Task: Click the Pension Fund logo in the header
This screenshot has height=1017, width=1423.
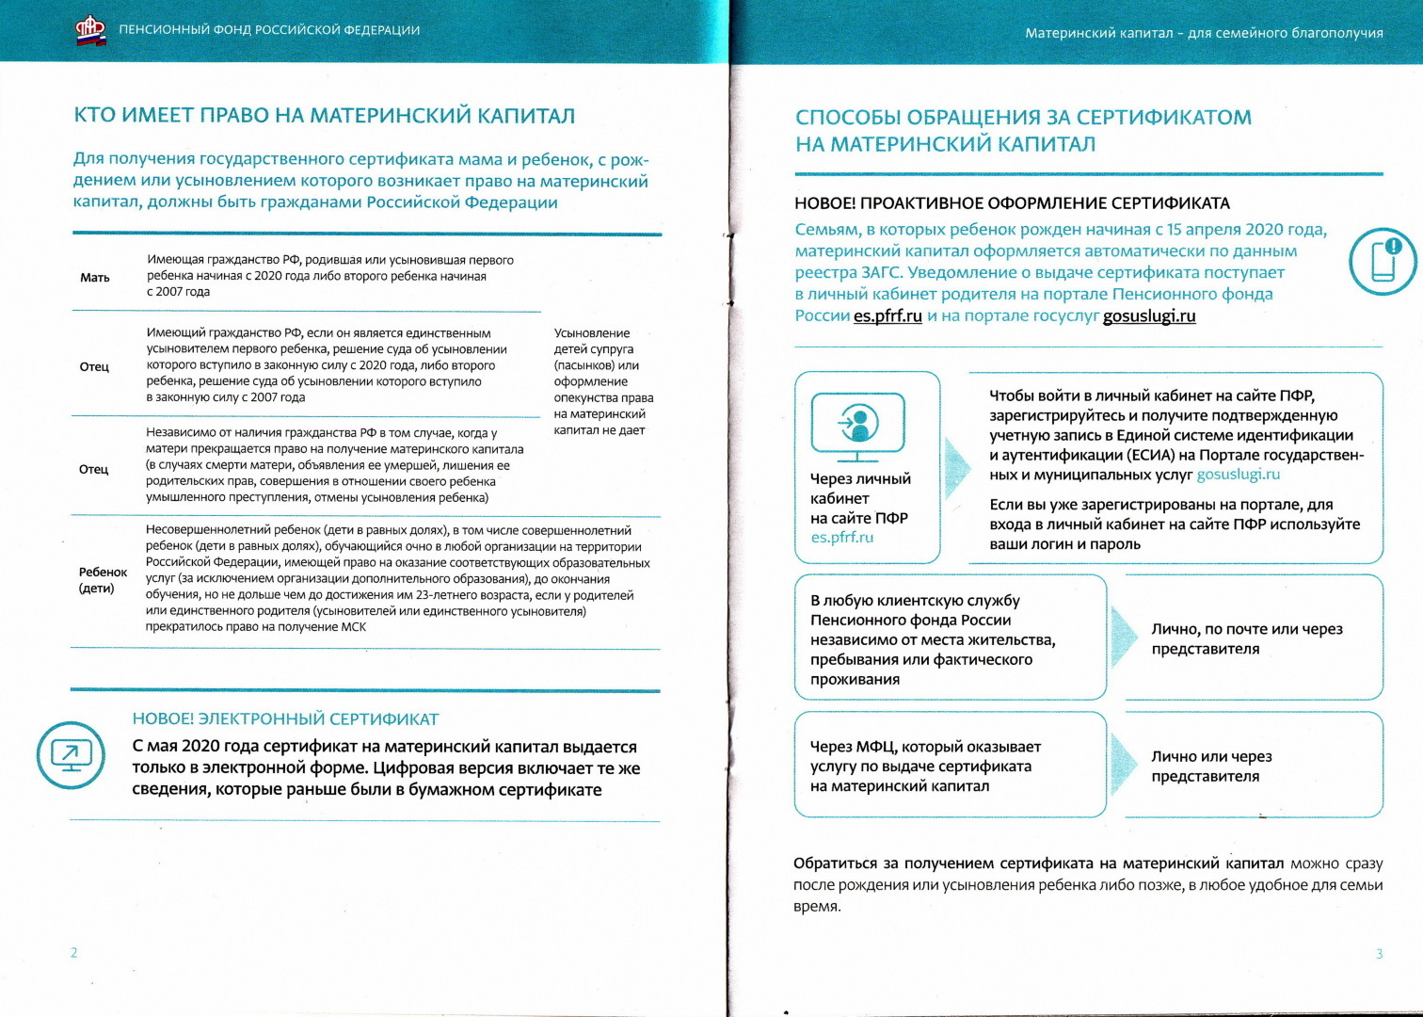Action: click(90, 30)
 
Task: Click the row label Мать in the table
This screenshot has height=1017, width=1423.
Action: click(95, 278)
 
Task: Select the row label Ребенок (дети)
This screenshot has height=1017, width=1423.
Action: click(103, 580)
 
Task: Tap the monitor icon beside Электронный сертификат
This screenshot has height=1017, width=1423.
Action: click(71, 755)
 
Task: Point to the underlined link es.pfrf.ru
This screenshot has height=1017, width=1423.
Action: click(887, 316)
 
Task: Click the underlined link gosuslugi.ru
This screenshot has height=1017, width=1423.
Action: click(1148, 316)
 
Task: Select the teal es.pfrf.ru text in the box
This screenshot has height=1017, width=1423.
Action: click(841, 538)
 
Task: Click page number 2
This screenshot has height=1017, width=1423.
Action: click(74, 953)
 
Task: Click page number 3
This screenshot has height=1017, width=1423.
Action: click(1379, 954)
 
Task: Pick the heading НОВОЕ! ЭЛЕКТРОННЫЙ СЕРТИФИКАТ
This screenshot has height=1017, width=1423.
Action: click(285, 719)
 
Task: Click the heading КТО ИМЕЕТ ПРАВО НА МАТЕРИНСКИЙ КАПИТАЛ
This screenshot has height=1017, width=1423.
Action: click(324, 116)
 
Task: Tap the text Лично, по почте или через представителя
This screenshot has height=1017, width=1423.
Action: click(1246, 638)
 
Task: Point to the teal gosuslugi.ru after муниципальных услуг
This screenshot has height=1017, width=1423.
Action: click(1238, 475)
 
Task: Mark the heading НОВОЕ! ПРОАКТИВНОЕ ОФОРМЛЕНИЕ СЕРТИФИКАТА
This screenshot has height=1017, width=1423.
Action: click(1012, 203)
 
